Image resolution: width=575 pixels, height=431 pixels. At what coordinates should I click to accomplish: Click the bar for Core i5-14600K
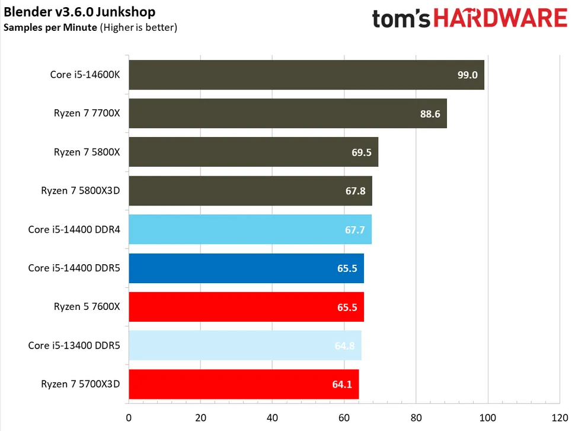[x=306, y=75]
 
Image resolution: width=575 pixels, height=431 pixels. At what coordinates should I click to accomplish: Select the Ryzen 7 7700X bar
[x=287, y=114]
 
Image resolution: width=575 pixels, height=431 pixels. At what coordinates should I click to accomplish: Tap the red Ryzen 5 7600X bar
[x=245, y=307]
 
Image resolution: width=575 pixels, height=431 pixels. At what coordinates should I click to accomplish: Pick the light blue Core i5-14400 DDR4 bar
[x=250, y=230]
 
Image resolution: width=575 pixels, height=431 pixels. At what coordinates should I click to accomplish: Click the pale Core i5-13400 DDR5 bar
[x=244, y=346]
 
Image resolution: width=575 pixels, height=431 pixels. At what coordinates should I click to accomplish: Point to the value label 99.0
[x=468, y=75]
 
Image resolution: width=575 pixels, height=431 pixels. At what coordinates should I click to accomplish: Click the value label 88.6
[x=430, y=114]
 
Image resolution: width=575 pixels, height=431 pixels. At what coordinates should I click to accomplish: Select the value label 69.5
[x=361, y=153]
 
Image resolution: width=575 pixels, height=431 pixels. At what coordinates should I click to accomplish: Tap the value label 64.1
[x=342, y=384]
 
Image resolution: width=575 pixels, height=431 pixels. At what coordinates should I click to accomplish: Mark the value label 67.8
[x=355, y=191]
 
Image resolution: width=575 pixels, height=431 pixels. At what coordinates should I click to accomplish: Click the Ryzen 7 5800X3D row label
[x=81, y=191]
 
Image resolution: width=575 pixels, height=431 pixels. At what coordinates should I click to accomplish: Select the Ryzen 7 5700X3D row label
[x=81, y=384]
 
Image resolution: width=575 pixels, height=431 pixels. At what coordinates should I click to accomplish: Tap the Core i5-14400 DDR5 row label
[x=74, y=268]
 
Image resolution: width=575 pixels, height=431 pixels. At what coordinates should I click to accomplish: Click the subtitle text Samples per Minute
[x=50, y=27]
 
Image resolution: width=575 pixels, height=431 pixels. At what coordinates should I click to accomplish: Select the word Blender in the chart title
[x=24, y=12]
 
